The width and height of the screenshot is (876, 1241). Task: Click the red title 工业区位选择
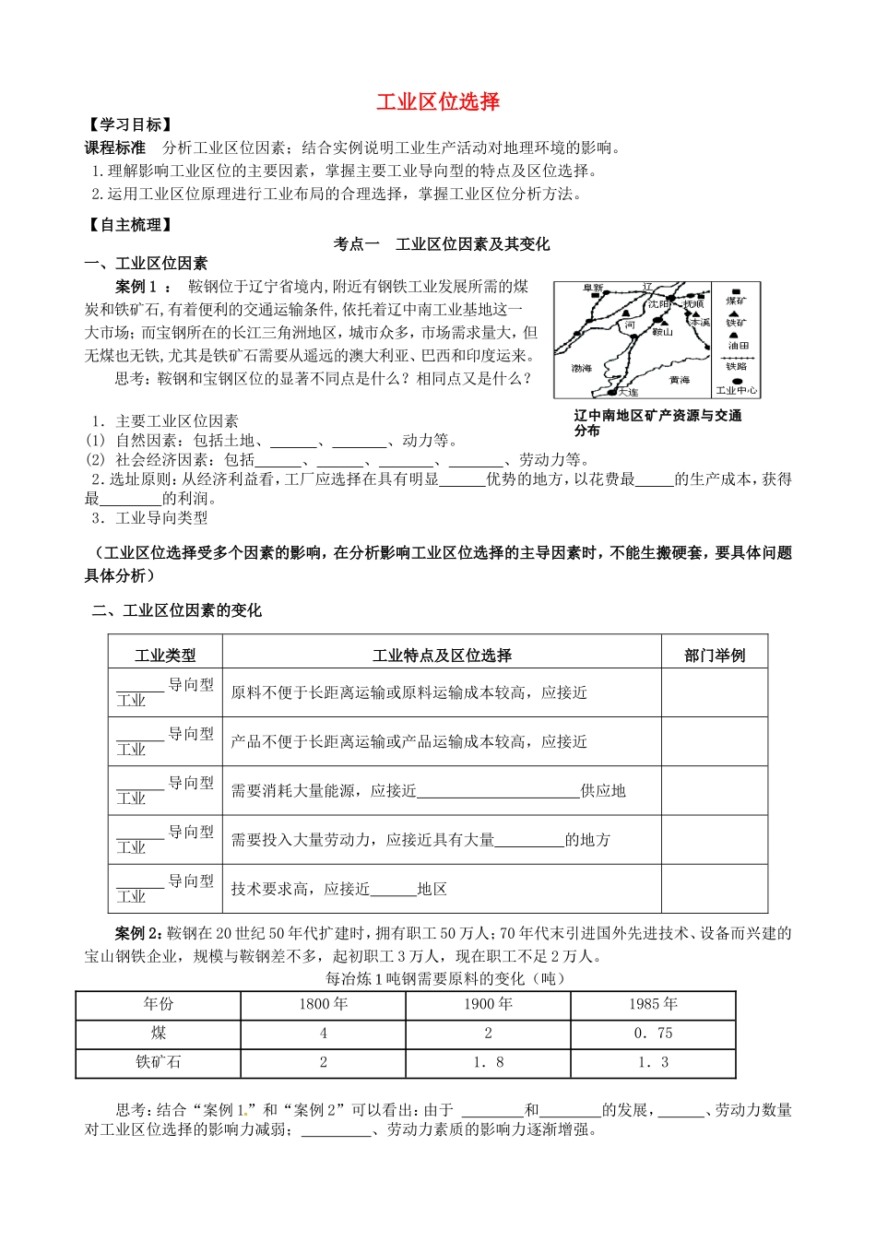[438, 101]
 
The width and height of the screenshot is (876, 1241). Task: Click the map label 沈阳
[658, 303]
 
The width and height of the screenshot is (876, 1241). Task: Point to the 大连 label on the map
[628, 392]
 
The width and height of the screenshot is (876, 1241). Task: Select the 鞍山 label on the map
[662, 331]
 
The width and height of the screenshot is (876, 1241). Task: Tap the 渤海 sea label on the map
[582, 368]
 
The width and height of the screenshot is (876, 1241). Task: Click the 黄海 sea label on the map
[680, 380]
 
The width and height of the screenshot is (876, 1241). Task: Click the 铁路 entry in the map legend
[738, 366]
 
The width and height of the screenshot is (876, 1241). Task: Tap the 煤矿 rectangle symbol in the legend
[738, 289]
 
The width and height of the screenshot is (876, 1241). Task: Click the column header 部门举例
[715, 656]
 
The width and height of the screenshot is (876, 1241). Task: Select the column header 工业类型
[165, 656]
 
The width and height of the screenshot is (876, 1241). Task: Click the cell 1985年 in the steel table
[653, 1004]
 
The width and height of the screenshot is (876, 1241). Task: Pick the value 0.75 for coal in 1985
[653, 1034]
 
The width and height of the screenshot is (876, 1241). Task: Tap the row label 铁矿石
[159, 1062]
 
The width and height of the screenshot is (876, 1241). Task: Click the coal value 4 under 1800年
[323, 1034]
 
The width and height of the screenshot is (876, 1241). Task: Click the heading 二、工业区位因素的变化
[176, 610]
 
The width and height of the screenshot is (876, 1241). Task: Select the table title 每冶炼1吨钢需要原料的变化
[445, 978]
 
